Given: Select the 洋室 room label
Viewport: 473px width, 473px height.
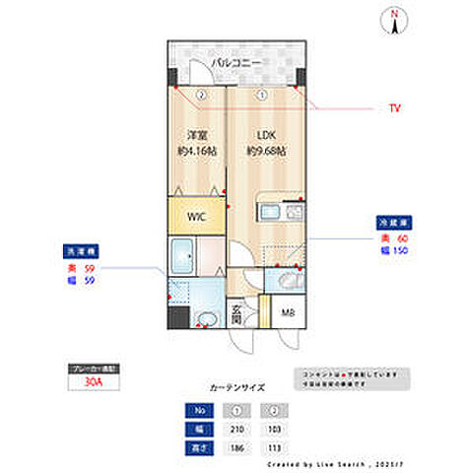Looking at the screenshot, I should (196, 136).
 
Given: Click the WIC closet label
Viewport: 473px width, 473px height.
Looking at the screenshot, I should (196, 216).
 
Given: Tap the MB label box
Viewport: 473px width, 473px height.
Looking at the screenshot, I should (288, 314).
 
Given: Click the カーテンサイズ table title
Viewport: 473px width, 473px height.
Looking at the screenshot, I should (236, 388).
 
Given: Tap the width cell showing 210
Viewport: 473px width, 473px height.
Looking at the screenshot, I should (237, 431).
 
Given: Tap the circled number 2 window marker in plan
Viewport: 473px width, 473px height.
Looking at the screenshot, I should (200, 96).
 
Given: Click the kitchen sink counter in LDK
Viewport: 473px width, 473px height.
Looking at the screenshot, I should (268, 211).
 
